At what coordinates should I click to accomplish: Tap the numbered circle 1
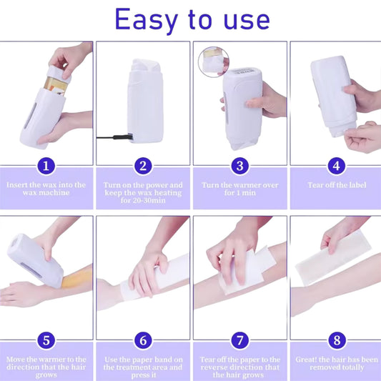pos(46,167)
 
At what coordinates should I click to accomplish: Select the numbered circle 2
pos(143,167)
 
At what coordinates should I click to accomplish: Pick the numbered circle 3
pos(239,167)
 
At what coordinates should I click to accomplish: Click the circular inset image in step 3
pos(213,61)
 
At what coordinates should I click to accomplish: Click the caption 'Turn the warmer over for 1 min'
pos(239,189)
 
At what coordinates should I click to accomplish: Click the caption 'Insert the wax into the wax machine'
pos(46,189)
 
